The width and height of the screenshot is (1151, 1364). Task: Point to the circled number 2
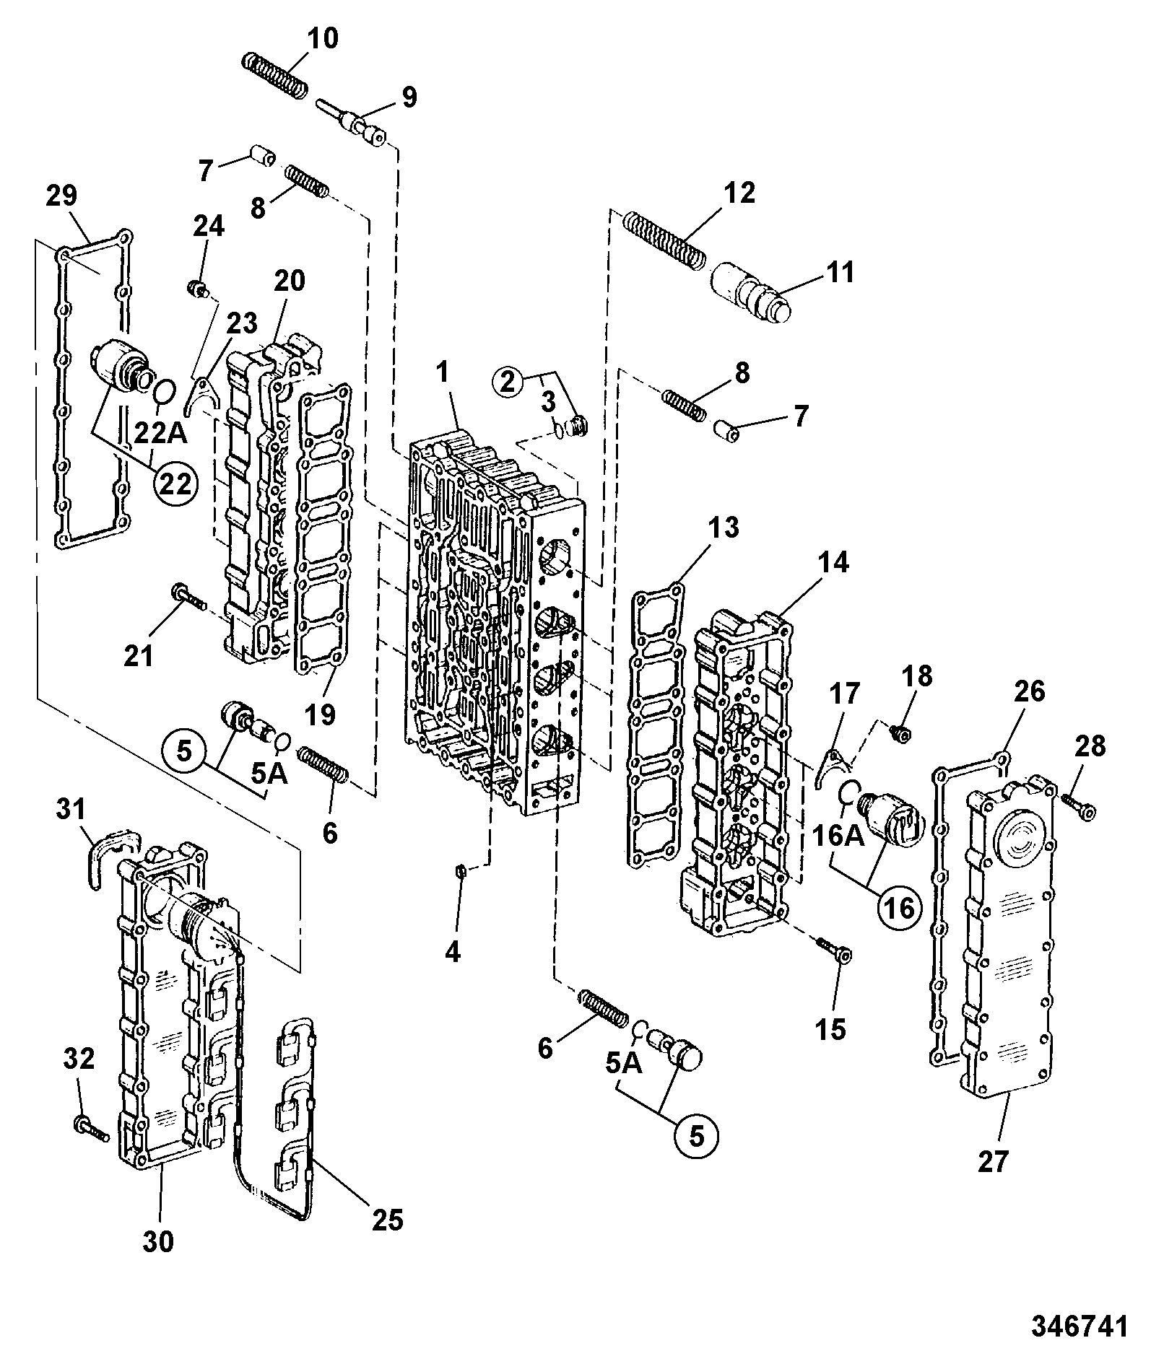click(509, 382)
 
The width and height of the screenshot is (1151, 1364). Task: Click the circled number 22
click(174, 484)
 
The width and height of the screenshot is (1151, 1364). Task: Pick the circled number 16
click(900, 907)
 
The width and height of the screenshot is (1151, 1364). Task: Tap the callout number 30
click(158, 1240)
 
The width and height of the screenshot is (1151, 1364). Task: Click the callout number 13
click(724, 528)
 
